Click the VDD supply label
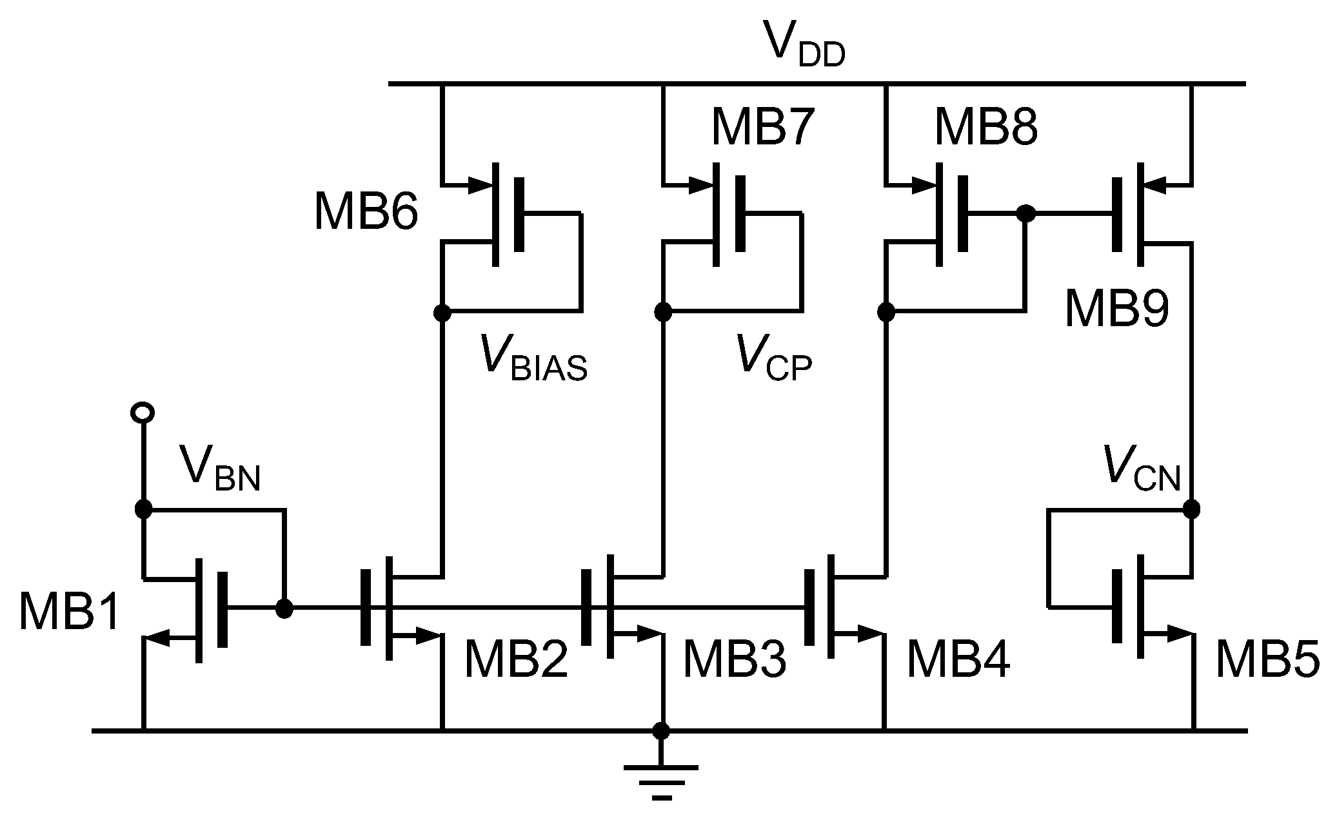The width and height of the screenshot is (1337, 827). [802, 44]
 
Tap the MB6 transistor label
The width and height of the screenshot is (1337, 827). [366, 212]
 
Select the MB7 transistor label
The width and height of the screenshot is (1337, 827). [762, 128]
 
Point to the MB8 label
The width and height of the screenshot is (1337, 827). [985, 128]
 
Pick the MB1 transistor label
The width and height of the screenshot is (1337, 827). [70, 611]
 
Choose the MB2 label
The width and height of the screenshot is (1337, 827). [515, 660]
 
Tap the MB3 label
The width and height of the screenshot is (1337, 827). [734, 660]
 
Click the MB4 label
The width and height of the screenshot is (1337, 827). [958, 660]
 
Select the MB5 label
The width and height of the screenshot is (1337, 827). [1267, 660]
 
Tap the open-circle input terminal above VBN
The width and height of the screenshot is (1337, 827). [142, 411]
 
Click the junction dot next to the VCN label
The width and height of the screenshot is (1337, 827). [1192, 509]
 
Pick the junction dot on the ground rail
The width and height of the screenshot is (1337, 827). [661, 731]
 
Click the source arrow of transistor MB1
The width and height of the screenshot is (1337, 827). [158, 638]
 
